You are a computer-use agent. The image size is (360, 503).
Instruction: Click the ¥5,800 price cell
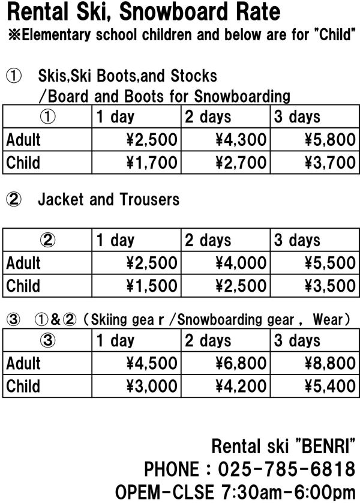[x=329, y=140]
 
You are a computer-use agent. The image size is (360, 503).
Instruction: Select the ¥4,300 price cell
[x=241, y=140]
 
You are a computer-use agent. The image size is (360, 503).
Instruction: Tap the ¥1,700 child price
[x=152, y=163]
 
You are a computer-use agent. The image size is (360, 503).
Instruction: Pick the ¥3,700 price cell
[x=329, y=163]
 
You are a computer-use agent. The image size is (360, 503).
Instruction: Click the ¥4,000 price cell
[x=241, y=263]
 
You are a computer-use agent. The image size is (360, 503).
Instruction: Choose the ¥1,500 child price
[x=152, y=286]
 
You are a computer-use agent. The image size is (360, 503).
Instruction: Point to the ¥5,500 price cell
[x=329, y=263]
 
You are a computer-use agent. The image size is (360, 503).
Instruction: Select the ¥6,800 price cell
[x=241, y=364]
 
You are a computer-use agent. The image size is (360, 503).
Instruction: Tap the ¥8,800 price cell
[x=329, y=364]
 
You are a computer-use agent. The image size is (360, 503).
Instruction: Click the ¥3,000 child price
[x=152, y=386]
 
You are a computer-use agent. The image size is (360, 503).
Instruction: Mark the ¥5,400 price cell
[x=329, y=386]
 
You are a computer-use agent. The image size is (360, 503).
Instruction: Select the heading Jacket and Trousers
[x=109, y=199]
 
